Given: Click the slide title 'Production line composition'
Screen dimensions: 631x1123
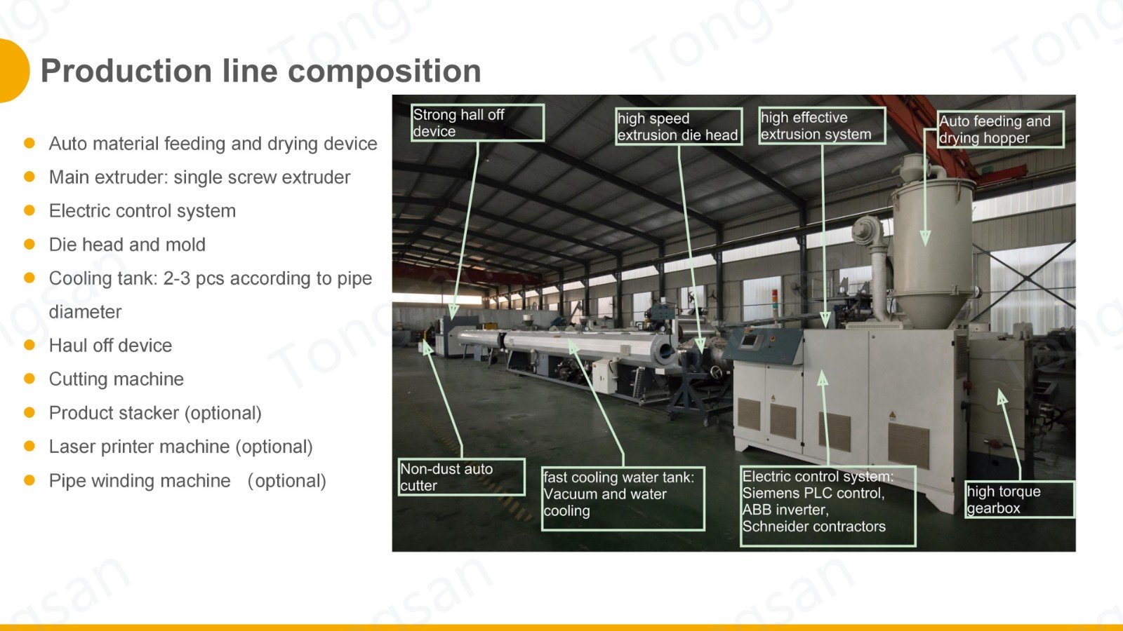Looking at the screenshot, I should click(x=260, y=72).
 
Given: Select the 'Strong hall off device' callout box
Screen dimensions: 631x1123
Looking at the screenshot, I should click(x=477, y=123).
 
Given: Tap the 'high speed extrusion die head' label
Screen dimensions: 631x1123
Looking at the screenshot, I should click(x=678, y=127).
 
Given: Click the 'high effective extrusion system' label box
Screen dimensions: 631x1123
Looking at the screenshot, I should click(x=822, y=126).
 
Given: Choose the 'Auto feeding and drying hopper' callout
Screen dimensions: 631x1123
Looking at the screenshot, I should click(x=1000, y=130).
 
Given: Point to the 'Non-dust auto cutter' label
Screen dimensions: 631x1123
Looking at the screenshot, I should click(x=461, y=477).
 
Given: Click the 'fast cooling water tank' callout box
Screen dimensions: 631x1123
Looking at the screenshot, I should click(x=623, y=498).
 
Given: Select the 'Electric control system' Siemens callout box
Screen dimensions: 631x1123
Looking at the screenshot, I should click(x=828, y=506).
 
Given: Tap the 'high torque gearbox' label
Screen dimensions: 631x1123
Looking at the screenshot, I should click(x=1018, y=500).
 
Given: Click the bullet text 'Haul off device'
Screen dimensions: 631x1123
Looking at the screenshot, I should click(x=110, y=346).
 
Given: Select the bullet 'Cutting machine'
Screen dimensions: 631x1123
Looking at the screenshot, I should click(x=117, y=379).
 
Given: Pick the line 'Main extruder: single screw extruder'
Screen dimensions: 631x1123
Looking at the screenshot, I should click(x=199, y=177).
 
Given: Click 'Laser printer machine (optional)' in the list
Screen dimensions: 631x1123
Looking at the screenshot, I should click(x=180, y=447).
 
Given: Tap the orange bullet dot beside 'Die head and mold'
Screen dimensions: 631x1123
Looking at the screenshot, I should click(x=29, y=244).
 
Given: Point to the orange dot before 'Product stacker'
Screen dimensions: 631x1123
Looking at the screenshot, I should click(x=29, y=412).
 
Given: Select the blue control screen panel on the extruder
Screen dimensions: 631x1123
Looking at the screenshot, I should click(x=751, y=341).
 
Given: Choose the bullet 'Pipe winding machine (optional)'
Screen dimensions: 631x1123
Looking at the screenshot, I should click(x=187, y=481).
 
